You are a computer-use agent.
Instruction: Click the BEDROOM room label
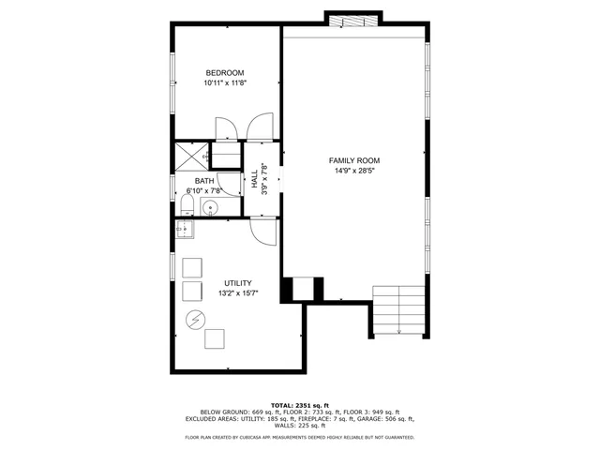225,73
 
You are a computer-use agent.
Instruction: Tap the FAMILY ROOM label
354,160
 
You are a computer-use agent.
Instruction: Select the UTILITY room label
236,283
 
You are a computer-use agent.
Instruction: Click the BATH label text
203,181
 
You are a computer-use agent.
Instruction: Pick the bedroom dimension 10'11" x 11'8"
225,83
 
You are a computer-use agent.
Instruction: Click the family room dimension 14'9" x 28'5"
354,171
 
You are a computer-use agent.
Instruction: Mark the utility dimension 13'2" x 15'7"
236,293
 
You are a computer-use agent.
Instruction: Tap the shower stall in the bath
189,157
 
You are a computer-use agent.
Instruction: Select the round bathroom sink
211,206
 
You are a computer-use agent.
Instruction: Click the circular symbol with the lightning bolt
195,318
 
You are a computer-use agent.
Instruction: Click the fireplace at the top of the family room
353,20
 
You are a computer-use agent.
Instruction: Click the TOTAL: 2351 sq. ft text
300,405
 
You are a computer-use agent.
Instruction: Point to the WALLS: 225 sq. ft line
300,426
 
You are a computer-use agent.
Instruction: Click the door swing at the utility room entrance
264,232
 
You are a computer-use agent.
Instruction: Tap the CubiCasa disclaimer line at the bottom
300,437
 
